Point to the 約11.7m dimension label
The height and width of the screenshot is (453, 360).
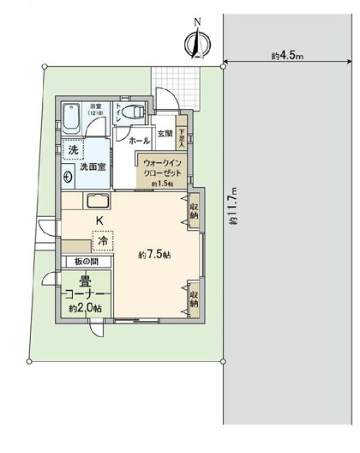[233, 206]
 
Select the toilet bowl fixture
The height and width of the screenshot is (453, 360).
[129, 112]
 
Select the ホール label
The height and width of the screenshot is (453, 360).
[141, 139]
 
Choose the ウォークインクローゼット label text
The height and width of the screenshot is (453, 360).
[162, 166]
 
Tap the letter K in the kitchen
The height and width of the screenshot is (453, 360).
[99, 222]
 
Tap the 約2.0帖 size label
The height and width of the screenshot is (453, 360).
[86, 307]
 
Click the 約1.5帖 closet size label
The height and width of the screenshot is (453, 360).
[161, 184]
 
